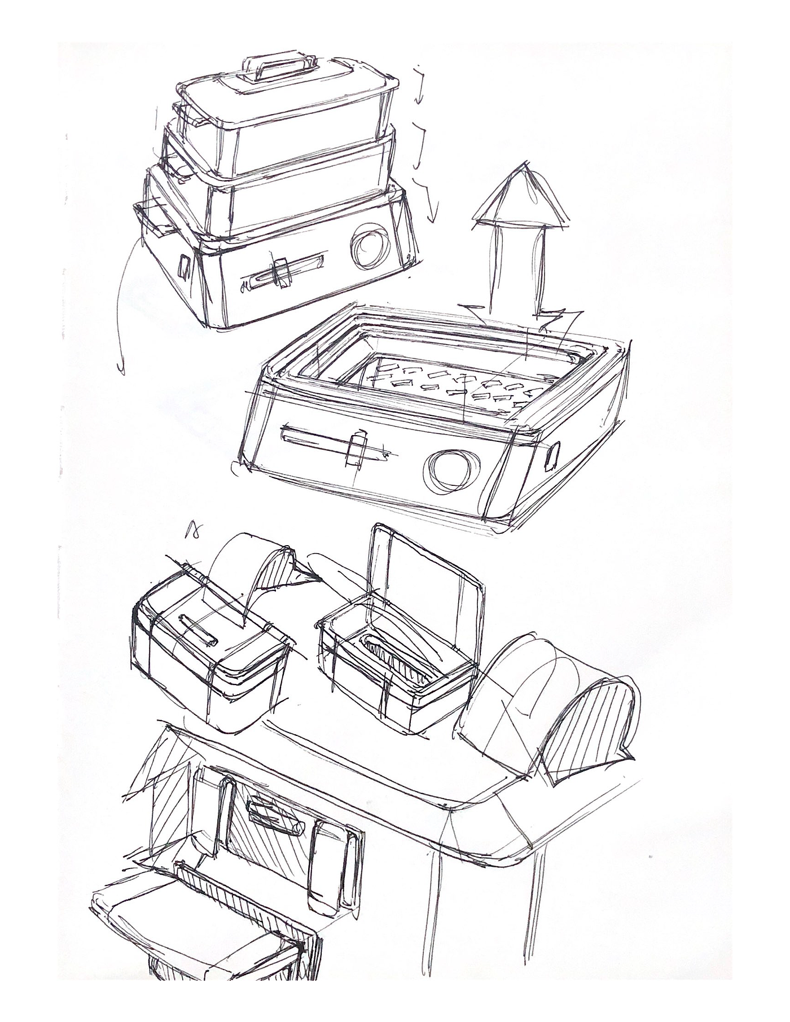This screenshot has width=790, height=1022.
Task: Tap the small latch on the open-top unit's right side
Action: click(x=554, y=455)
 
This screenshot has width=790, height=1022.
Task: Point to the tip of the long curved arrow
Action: click(x=121, y=370)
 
